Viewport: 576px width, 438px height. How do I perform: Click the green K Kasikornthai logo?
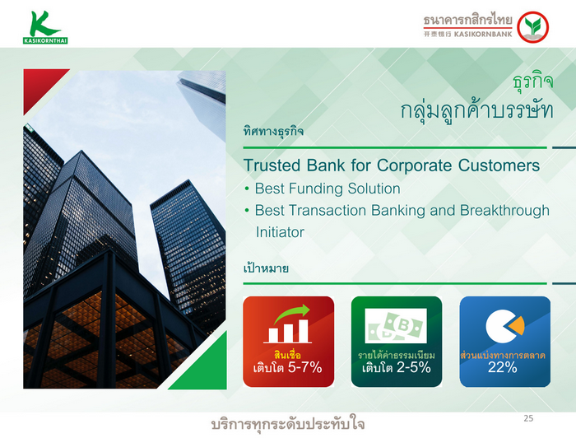(x=44, y=27)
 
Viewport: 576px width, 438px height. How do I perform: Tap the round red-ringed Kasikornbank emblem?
(x=532, y=27)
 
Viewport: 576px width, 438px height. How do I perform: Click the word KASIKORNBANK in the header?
(x=483, y=35)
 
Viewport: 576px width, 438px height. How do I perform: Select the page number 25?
(x=528, y=418)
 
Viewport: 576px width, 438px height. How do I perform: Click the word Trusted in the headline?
(x=272, y=165)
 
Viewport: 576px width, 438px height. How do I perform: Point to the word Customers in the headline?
(x=499, y=165)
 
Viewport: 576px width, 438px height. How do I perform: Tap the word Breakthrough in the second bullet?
(x=504, y=211)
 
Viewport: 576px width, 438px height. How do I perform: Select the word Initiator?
(x=280, y=232)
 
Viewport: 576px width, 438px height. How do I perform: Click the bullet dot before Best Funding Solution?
(x=247, y=189)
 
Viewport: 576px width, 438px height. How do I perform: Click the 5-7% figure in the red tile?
(x=304, y=367)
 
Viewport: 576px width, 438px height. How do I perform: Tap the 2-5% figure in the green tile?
(x=413, y=367)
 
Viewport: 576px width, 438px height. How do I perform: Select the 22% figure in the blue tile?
(x=502, y=367)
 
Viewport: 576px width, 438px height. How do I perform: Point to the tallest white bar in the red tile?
(x=303, y=331)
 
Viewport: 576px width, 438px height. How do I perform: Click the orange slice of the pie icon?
(x=517, y=325)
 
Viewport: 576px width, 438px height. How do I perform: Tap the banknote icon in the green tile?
(x=396, y=325)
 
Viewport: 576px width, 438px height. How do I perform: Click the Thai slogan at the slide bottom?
(x=288, y=424)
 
